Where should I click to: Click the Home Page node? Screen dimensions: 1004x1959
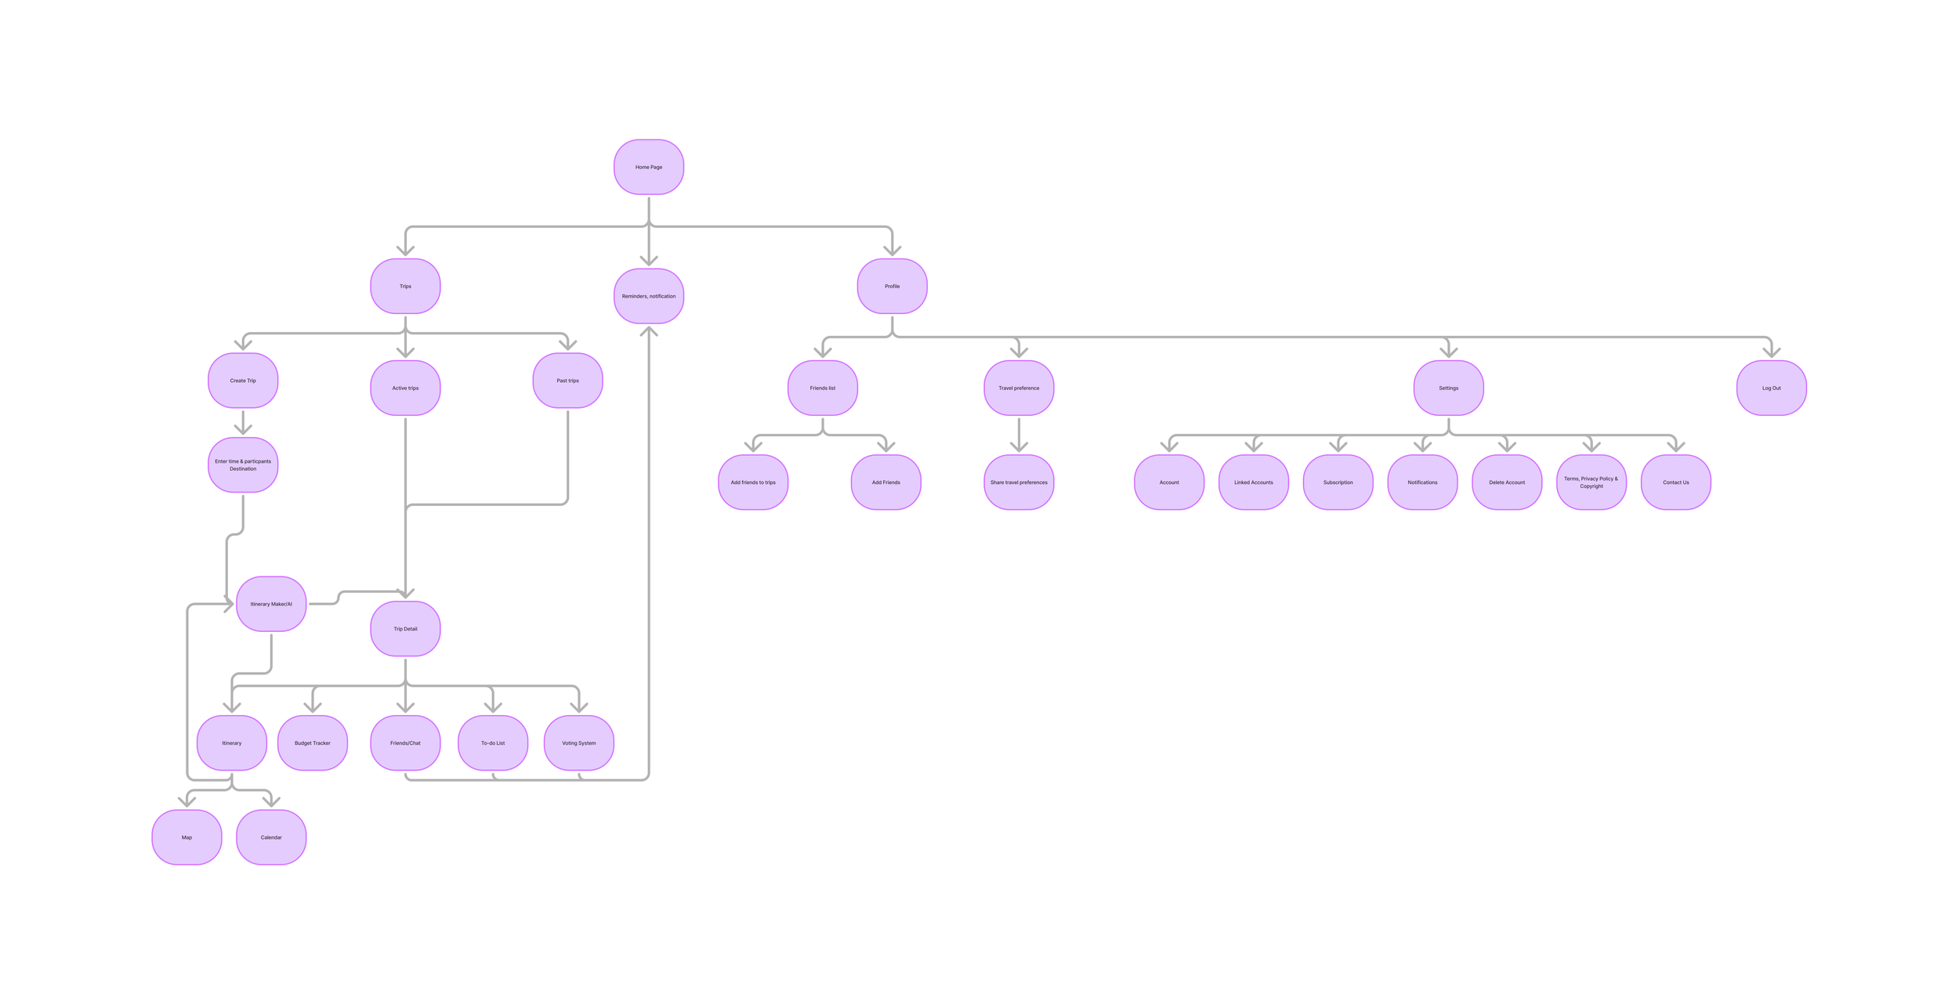[x=648, y=167]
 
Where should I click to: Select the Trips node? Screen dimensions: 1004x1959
[x=405, y=286]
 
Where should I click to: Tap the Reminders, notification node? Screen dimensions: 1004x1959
[x=648, y=296]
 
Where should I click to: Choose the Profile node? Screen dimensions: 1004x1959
[x=892, y=286]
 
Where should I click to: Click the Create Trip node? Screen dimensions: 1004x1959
[x=243, y=381]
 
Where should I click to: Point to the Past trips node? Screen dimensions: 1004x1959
[x=567, y=381]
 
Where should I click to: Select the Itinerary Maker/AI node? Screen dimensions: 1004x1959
[x=271, y=604]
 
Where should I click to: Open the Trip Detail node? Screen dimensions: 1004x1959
[x=405, y=628]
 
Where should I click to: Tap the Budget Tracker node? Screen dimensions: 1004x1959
[x=312, y=742]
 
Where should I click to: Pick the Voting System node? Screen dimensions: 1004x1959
[x=578, y=742]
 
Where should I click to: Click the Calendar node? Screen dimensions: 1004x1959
[x=271, y=837]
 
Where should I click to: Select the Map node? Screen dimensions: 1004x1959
[x=186, y=837]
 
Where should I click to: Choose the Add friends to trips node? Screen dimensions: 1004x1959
[x=753, y=482]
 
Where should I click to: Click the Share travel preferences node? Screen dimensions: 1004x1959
[x=1019, y=482]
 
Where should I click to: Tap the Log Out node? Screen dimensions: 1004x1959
[x=1771, y=388]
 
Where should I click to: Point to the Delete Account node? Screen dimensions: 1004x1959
[x=1506, y=482]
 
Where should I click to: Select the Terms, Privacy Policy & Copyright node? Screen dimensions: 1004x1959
[x=1591, y=482]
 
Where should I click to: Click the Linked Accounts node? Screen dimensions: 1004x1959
[x=1253, y=482]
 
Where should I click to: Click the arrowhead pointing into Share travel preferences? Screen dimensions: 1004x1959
[x=1019, y=447]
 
